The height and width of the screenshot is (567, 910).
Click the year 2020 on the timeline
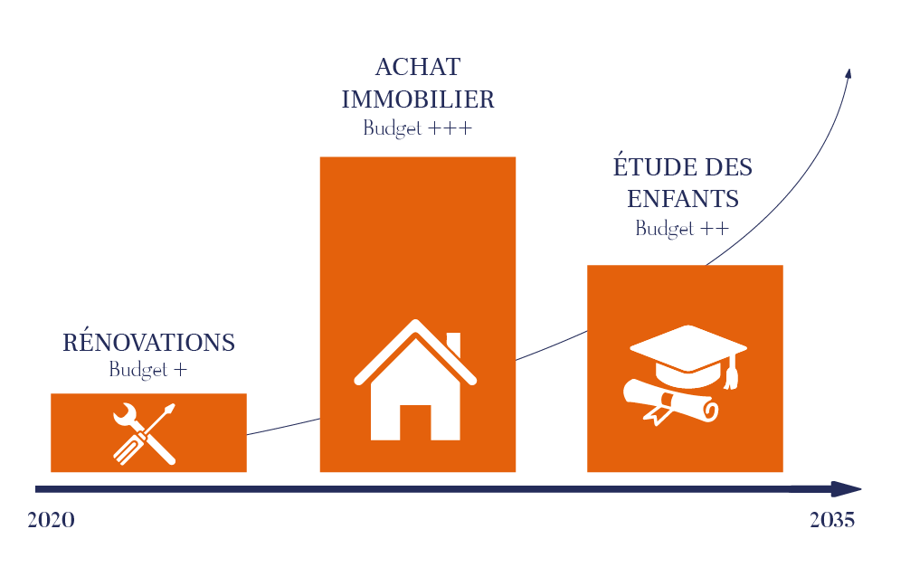(51, 520)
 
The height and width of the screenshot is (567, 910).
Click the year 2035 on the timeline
(832, 520)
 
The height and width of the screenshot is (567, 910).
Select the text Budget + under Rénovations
(148, 370)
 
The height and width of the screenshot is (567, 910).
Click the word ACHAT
(418, 67)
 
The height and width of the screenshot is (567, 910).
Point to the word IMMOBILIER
(418, 99)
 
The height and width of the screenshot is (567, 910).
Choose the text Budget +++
(418, 128)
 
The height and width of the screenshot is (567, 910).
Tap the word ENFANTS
(683, 199)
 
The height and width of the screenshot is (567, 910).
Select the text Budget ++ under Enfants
(682, 229)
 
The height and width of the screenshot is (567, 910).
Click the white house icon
(415, 380)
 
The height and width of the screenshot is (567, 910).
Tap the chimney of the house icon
(453, 344)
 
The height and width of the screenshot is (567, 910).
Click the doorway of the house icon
(415, 422)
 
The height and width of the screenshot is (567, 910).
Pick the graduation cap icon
(688, 356)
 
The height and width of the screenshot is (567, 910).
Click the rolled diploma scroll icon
(671, 402)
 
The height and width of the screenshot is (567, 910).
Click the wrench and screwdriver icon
(145, 433)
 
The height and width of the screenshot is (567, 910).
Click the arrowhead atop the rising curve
(848, 73)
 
